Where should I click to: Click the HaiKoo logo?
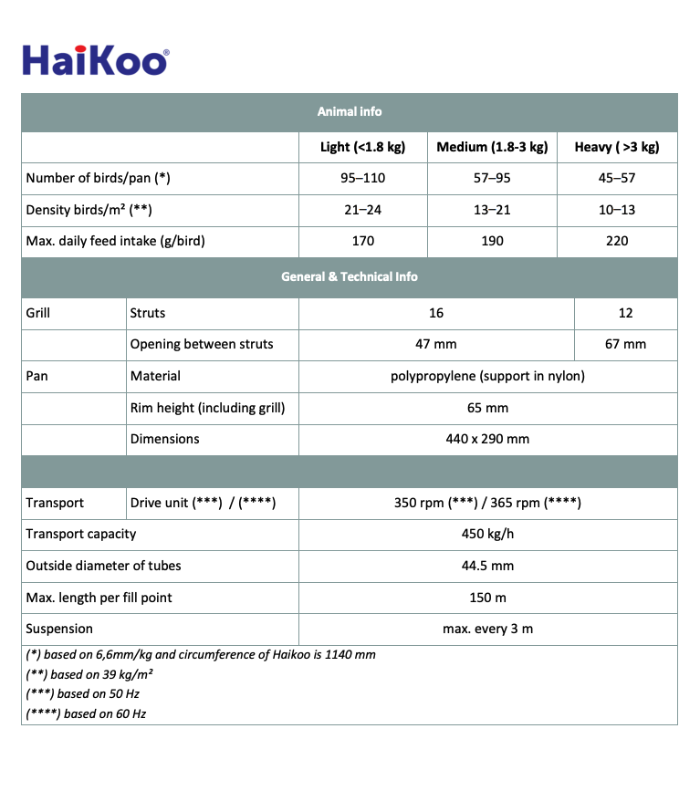point(95,60)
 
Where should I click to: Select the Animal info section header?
point(350,111)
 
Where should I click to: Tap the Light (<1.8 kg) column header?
point(362,147)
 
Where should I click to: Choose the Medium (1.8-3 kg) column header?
point(492,147)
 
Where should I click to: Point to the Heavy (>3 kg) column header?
point(617,147)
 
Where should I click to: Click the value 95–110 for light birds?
point(362,178)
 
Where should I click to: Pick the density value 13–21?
point(492,210)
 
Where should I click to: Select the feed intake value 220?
point(617,241)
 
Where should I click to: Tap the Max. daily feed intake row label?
point(115,241)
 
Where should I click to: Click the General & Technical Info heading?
point(350,276)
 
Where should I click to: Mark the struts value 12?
point(625,313)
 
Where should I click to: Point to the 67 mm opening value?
point(625,344)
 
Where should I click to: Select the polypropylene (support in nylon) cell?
point(487,376)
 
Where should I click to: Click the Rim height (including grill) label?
point(207,408)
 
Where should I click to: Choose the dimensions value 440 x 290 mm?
point(487,439)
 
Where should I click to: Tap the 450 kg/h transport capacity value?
point(487,534)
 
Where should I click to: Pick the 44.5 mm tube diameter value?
point(487,566)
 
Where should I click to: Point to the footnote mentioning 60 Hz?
point(86,713)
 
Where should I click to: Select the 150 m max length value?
point(487,598)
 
